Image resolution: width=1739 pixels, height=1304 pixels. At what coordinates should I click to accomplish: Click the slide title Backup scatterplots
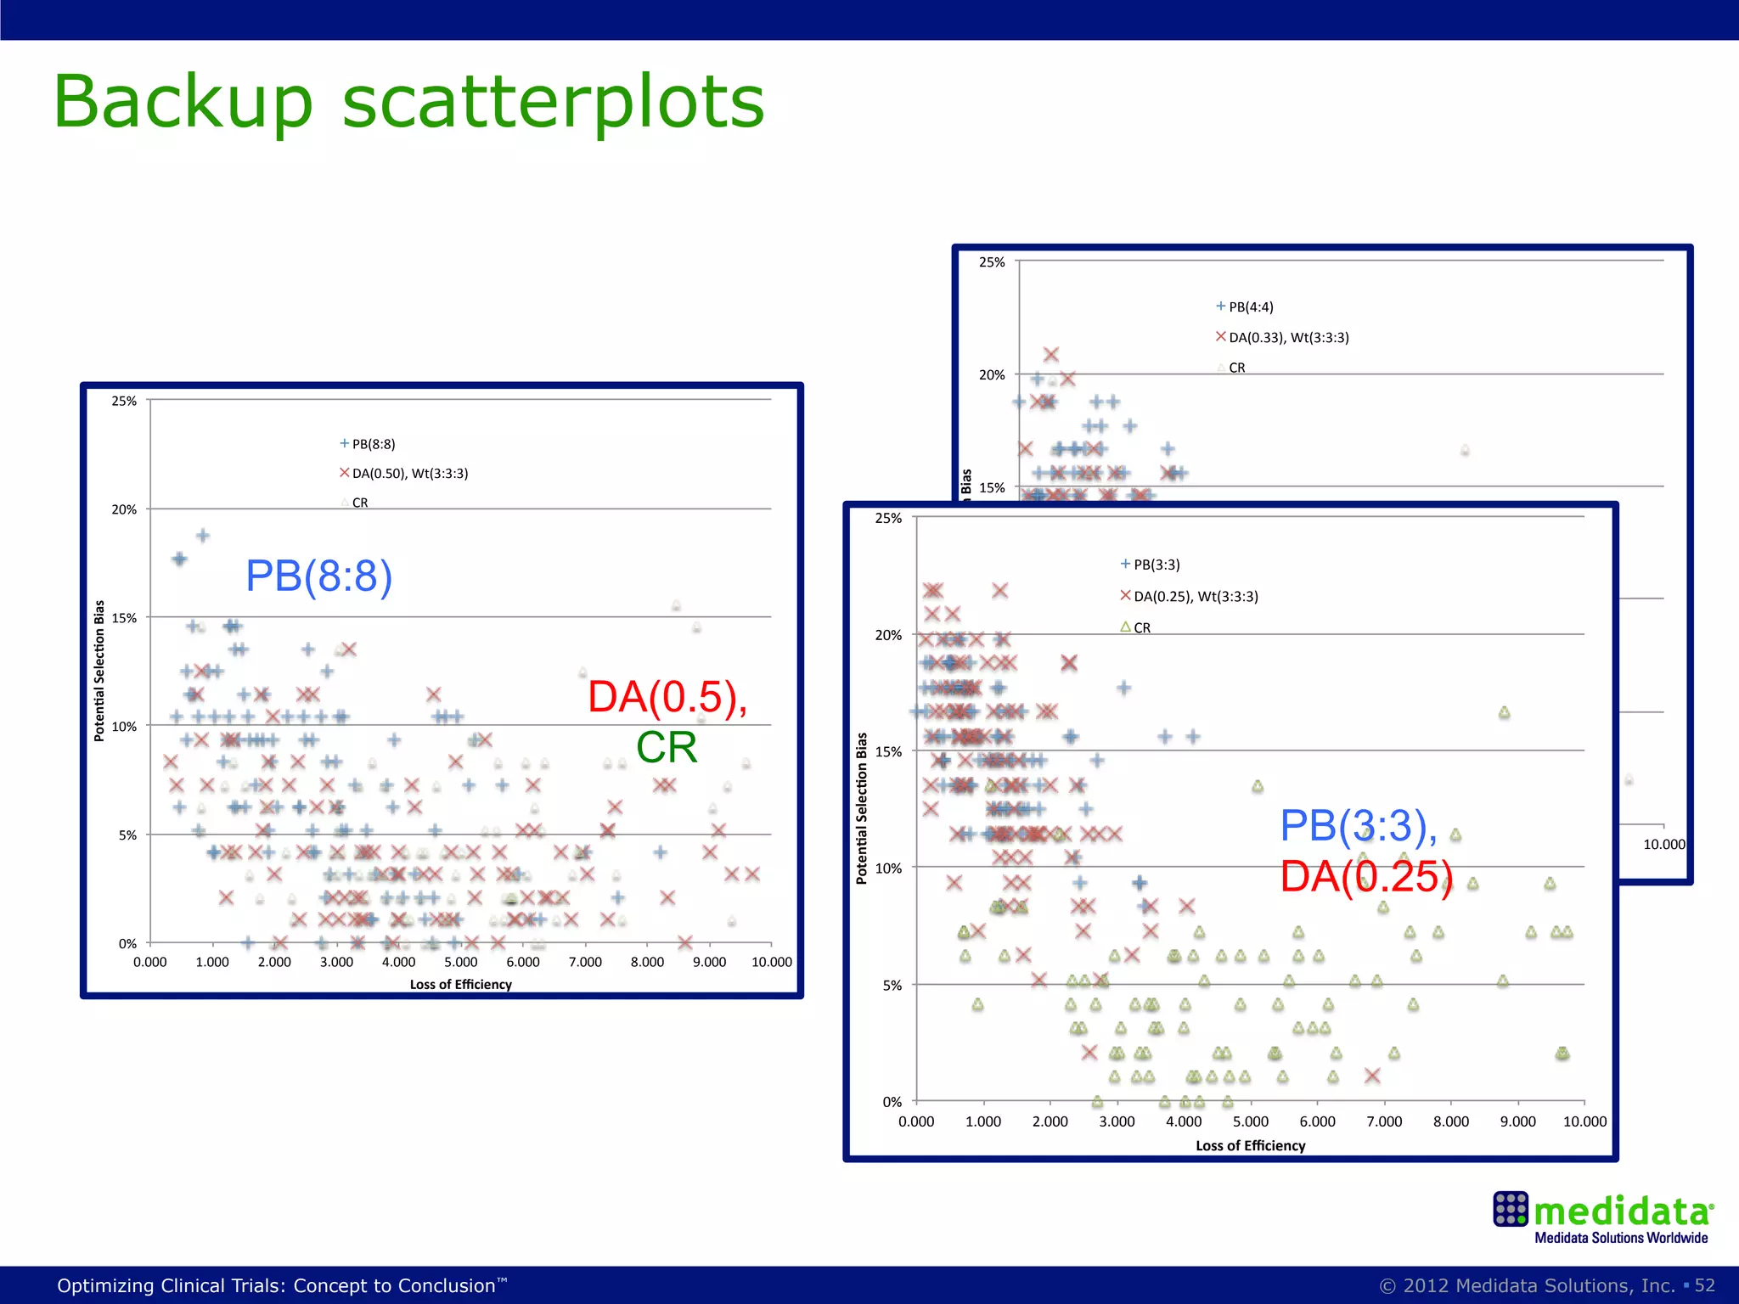408,102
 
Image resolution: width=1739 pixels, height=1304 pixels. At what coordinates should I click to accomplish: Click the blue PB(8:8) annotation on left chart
318,576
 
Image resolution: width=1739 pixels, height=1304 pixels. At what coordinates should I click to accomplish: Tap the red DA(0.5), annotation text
667,697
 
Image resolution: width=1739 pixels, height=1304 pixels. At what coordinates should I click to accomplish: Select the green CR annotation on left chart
666,748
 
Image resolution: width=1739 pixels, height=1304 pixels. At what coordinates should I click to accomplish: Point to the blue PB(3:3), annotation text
1358,826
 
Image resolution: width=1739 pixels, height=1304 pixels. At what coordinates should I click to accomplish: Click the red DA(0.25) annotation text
1366,877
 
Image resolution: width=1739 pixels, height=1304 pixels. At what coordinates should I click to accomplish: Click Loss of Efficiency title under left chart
460,985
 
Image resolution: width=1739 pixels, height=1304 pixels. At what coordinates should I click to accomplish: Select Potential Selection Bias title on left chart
99,671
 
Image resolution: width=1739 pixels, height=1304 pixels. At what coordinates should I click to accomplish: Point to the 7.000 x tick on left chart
585,962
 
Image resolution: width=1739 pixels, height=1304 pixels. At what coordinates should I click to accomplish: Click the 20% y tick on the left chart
124,509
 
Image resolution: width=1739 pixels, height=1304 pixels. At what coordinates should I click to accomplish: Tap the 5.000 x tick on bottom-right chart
1250,1121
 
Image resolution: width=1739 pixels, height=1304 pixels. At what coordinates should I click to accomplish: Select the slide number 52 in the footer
1704,1285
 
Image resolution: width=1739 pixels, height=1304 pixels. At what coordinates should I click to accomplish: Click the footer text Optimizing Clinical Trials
281,1285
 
